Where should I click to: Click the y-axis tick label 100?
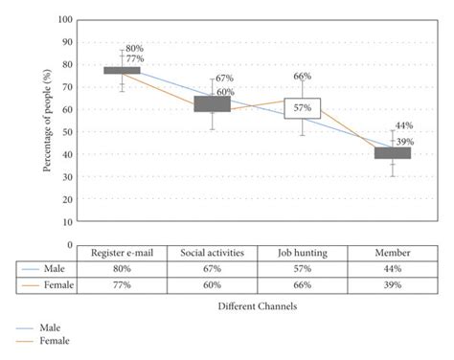pos(65,19)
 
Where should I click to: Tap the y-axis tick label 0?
pos(70,245)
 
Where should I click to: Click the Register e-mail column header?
pos(122,253)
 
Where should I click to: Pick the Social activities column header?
pos(212,253)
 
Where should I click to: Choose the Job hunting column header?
pos(303,253)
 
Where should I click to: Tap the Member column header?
pos(393,253)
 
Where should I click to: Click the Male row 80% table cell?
pos(122,269)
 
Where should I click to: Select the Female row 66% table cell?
pos(303,284)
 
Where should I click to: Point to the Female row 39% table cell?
pos(393,284)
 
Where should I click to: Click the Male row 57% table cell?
pos(303,269)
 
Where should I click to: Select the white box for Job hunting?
pos(303,108)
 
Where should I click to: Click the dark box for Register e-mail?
pos(122,70)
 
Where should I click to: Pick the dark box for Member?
pos(393,152)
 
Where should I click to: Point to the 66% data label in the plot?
pos(303,77)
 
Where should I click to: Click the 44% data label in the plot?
pos(403,126)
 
